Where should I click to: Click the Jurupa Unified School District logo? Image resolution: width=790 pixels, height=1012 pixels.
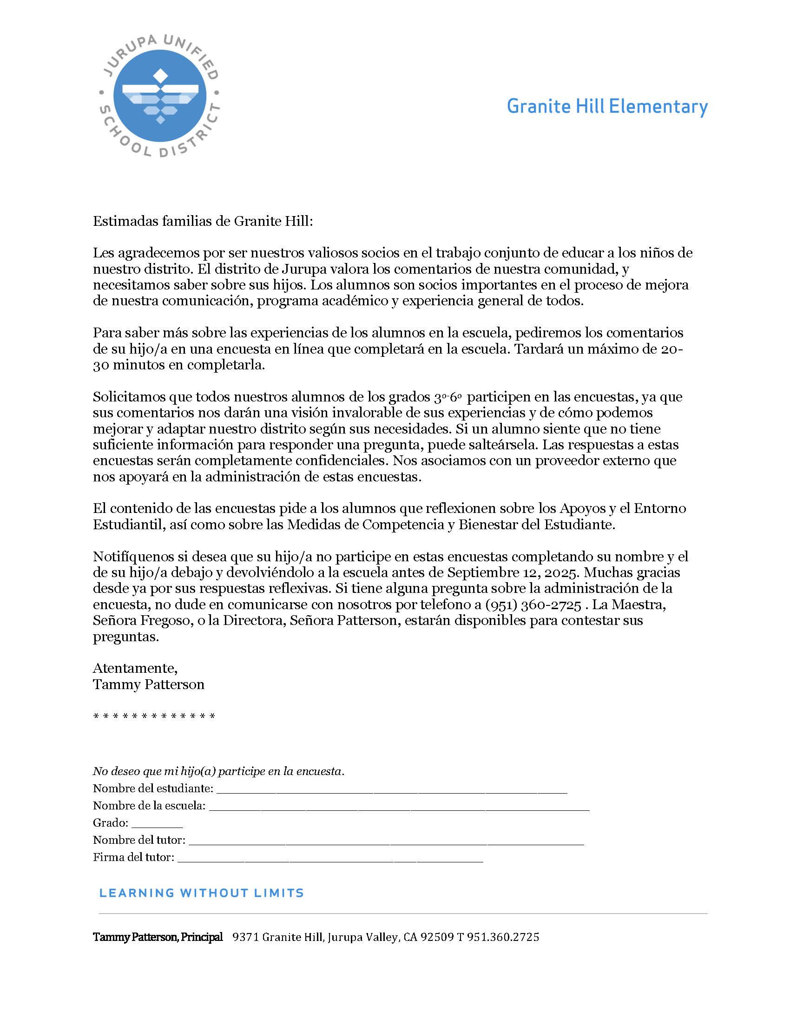pyautogui.click(x=160, y=97)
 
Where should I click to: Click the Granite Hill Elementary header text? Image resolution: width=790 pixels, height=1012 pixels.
pyautogui.click(x=607, y=107)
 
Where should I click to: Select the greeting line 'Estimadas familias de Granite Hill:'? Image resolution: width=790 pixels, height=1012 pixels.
pyautogui.click(x=203, y=221)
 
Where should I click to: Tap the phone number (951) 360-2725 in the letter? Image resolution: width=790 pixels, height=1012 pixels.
pyautogui.click(x=533, y=605)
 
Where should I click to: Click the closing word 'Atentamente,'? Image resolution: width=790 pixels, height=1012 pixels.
pyautogui.click(x=135, y=668)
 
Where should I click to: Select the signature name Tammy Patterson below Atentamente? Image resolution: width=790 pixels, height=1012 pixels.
pyautogui.click(x=149, y=684)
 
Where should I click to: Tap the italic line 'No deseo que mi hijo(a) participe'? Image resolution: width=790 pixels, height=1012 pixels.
pyautogui.click(x=218, y=771)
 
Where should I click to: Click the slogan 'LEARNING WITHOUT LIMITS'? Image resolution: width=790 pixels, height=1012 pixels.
pyautogui.click(x=201, y=893)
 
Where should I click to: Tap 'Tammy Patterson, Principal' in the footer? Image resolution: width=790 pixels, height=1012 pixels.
pyautogui.click(x=158, y=937)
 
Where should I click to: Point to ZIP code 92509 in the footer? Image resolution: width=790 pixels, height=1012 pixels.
pyautogui.click(x=437, y=937)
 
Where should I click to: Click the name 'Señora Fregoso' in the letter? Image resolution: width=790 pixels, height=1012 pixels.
pyautogui.click(x=141, y=621)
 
